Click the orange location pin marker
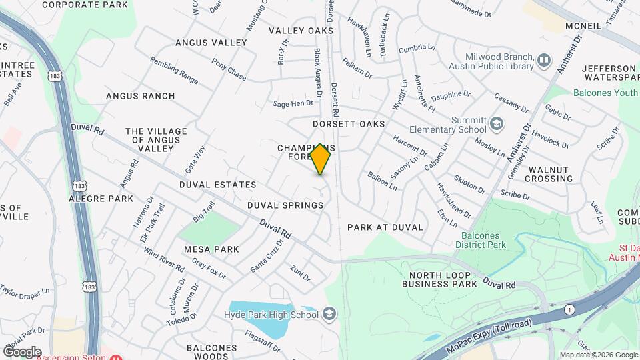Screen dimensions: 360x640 [x=321, y=159]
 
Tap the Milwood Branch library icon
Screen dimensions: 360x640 [x=545, y=61]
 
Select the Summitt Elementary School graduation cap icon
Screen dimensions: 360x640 [x=496, y=123]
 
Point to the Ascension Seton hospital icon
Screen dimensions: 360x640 [x=117, y=357]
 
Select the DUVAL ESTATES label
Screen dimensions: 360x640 [x=217, y=185]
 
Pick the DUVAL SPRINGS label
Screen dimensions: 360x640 [x=285, y=205]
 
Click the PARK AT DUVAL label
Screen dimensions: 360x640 [x=385, y=227]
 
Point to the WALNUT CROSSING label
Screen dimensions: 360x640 [x=549, y=174]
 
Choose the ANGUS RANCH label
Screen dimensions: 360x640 [x=140, y=96]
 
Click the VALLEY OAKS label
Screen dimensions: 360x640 [x=301, y=31]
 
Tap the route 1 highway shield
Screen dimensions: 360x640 [x=569, y=309]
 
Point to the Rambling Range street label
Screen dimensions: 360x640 [x=174, y=69]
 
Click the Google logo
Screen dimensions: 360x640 [x=22, y=351]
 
